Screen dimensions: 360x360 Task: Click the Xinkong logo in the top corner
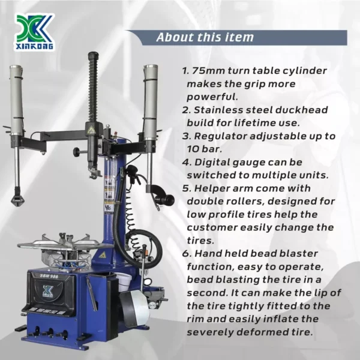(34, 32)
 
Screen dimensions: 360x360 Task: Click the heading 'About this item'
(205, 37)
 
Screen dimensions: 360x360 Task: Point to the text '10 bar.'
(205, 149)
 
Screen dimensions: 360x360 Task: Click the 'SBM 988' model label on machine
(49, 276)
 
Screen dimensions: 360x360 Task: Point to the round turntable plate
(65, 245)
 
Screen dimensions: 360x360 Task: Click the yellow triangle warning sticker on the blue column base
(103, 255)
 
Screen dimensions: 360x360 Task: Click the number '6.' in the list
(187, 254)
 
